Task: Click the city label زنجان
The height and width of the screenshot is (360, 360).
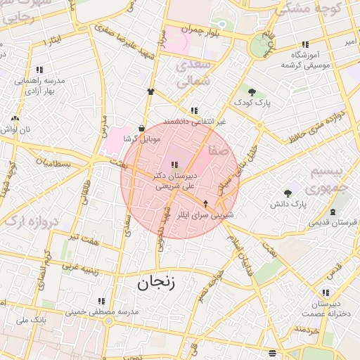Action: (x=153, y=283)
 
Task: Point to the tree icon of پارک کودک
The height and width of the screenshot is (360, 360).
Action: (x=251, y=92)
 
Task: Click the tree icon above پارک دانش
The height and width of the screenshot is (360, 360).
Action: (x=287, y=193)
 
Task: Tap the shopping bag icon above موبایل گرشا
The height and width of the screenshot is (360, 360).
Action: (x=143, y=129)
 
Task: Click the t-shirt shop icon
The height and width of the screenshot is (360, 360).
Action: (x=150, y=91)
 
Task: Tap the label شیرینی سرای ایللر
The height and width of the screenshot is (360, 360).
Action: (x=205, y=214)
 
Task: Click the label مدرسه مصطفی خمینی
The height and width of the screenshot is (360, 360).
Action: (x=101, y=311)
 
